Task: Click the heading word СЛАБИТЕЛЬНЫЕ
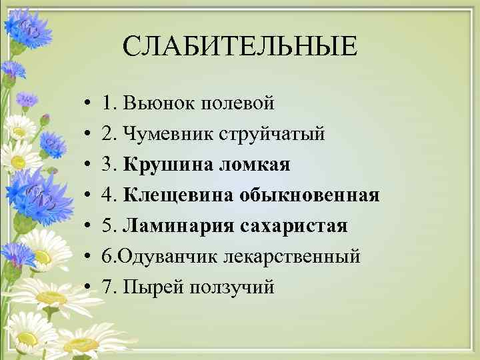pos(240,46)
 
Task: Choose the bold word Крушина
pos(163,165)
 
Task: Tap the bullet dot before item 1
pos(88,105)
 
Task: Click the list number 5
pos(108,226)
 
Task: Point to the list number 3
pos(108,165)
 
